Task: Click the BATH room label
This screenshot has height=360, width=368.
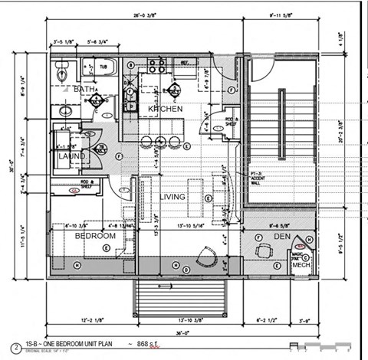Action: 84,90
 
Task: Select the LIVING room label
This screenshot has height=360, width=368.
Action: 172,197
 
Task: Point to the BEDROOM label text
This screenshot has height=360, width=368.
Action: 95,237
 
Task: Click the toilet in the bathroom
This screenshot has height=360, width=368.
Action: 64,73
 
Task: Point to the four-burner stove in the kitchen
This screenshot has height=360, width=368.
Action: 159,65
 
